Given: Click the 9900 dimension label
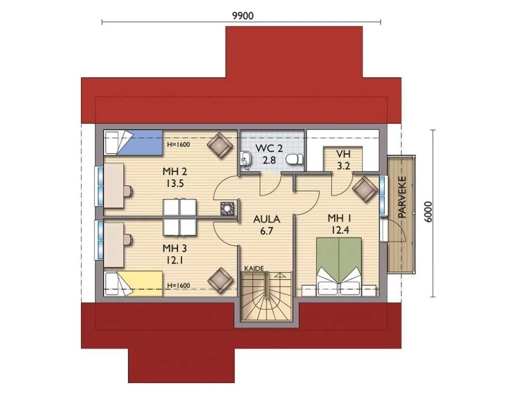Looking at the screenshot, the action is pyautogui.click(x=243, y=16).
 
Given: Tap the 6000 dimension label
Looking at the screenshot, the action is pyautogui.click(x=428, y=212).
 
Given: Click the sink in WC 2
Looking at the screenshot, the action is pyautogui.click(x=245, y=160).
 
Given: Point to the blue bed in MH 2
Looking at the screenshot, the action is pyautogui.click(x=133, y=143).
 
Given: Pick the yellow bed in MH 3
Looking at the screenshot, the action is pyautogui.click(x=133, y=284).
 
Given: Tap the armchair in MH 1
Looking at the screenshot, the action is pyautogui.click(x=365, y=189).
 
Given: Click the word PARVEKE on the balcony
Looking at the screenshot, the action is pyautogui.click(x=402, y=197).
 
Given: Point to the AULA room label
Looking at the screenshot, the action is pyautogui.click(x=267, y=219).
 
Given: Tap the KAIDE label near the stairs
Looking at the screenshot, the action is pyautogui.click(x=254, y=268).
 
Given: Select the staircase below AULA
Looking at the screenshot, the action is pyautogui.click(x=267, y=296).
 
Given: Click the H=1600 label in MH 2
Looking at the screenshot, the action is pyautogui.click(x=178, y=144).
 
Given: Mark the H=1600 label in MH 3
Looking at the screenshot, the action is pyautogui.click(x=178, y=285).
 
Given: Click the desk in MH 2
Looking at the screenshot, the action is pyautogui.click(x=114, y=185).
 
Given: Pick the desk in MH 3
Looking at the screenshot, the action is pyautogui.click(x=114, y=245).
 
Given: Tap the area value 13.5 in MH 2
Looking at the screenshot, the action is pyautogui.click(x=175, y=183).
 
